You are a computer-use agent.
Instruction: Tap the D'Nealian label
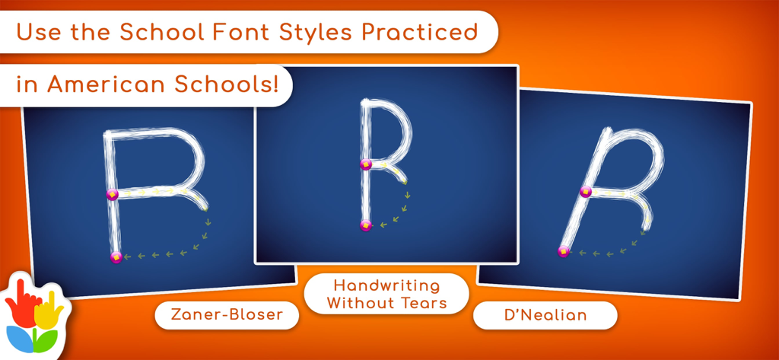click(x=545, y=315)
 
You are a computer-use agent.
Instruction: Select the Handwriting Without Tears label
click(x=386, y=294)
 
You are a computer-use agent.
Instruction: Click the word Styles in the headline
click(x=313, y=33)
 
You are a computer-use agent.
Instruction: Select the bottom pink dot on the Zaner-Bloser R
click(x=116, y=257)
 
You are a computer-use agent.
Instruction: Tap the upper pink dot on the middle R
click(x=366, y=164)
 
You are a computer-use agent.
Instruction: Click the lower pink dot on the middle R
click(x=366, y=225)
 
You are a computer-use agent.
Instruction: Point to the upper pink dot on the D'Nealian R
click(x=586, y=192)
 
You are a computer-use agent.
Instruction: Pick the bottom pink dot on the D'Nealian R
click(x=564, y=251)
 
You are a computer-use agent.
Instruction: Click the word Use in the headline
click(x=38, y=33)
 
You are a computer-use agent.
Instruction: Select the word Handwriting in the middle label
click(x=386, y=285)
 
